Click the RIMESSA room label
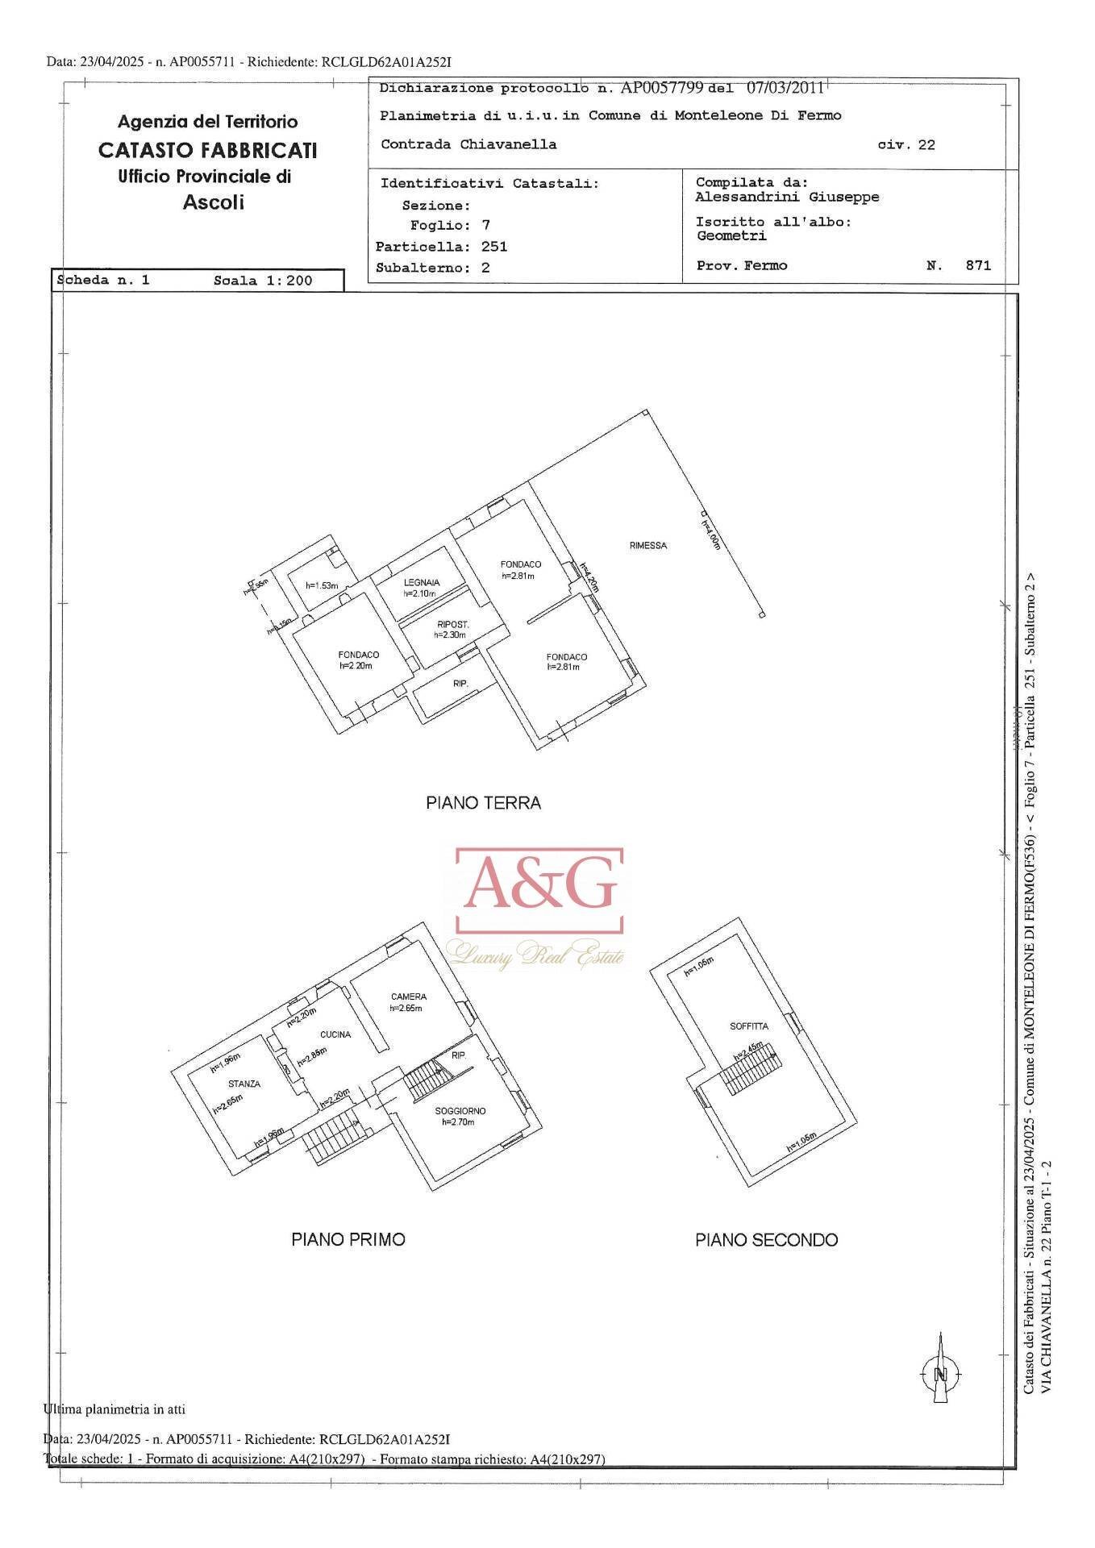tap(647, 546)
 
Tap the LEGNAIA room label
tap(421, 583)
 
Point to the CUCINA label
tap(335, 1034)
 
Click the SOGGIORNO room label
tap(460, 1111)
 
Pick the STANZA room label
tap(244, 1084)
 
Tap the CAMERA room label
tap(408, 997)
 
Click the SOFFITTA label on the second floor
tap(749, 1026)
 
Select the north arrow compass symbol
tap(939, 1374)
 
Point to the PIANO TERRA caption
tap(483, 803)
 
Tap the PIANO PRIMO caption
tap(348, 1239)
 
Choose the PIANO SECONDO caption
tap(766, 1240)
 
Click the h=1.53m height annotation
tap(322, 585)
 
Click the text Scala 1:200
tap(263, 281)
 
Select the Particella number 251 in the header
tap(494, 247)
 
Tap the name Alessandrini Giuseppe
tap(787, 198)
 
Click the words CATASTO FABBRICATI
tap(207, 151)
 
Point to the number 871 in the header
tap(978, 265)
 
